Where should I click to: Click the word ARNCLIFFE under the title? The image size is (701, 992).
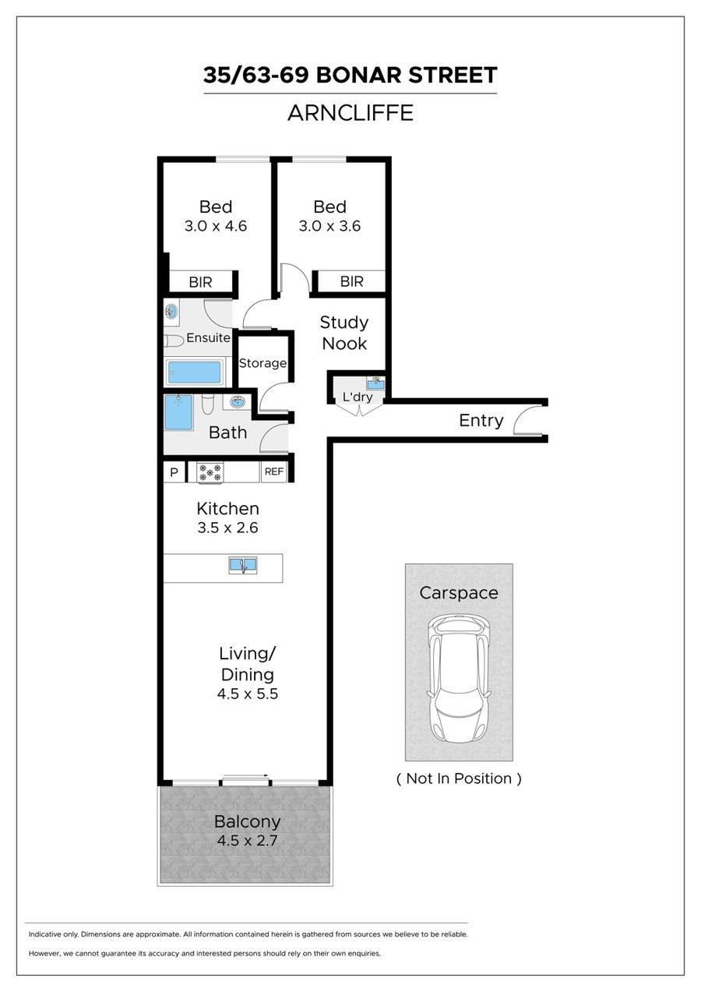(x=350, y=113)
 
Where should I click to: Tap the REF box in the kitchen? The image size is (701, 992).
(x=274, y=471)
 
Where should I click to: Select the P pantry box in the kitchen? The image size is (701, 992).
(x=174, y=472)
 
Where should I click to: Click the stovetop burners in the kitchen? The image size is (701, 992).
(x=210, y=472)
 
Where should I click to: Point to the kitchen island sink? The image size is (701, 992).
(x=242, y=565)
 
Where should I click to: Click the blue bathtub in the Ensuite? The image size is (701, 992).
(x=194, y=372)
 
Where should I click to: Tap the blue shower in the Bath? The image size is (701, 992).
(x=179, y=412)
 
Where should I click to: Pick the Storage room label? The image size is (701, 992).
(x=262, y=363)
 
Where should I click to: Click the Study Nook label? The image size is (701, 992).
(x=344, y=333)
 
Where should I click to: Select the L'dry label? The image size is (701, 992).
(x=358, y=397)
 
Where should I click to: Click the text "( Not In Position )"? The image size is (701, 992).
(x=459, y=790)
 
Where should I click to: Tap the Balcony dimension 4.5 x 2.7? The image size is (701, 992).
(x=247, y=841)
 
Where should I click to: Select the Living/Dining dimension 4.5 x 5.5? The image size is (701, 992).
(x=248, y=694)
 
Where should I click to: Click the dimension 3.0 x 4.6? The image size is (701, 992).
(x=216, y=226)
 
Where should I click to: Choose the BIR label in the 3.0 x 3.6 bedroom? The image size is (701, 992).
(x=352, y=281)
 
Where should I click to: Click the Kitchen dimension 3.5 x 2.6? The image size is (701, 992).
(x=227, y=528)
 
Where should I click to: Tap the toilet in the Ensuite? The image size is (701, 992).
(x=174, y=341)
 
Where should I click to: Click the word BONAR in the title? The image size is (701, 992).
(x=358, y=75)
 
